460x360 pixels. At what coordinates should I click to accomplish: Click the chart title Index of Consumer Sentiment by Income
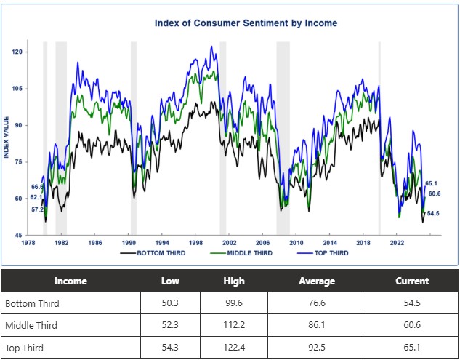(x=246, y=23)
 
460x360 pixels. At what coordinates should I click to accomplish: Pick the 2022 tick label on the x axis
(x=397, y=242)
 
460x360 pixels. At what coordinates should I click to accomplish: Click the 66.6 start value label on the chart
(x=38, y=188)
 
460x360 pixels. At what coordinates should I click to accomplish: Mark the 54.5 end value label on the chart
(x=433, y=213)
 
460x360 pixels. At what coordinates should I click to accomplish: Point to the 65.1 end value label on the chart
(x=431, y=183)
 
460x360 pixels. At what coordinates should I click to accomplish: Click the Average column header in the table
(x=316, y=281)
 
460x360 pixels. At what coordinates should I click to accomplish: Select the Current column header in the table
(x=411, y=281)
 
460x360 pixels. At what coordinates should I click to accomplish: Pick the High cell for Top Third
(x=234, y=348)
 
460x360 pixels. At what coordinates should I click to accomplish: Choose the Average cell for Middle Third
(x=316, y=325)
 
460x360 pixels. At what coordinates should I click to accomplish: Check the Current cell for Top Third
(x=411, y=348)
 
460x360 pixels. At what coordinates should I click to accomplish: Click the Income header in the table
(x=70, y=281)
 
